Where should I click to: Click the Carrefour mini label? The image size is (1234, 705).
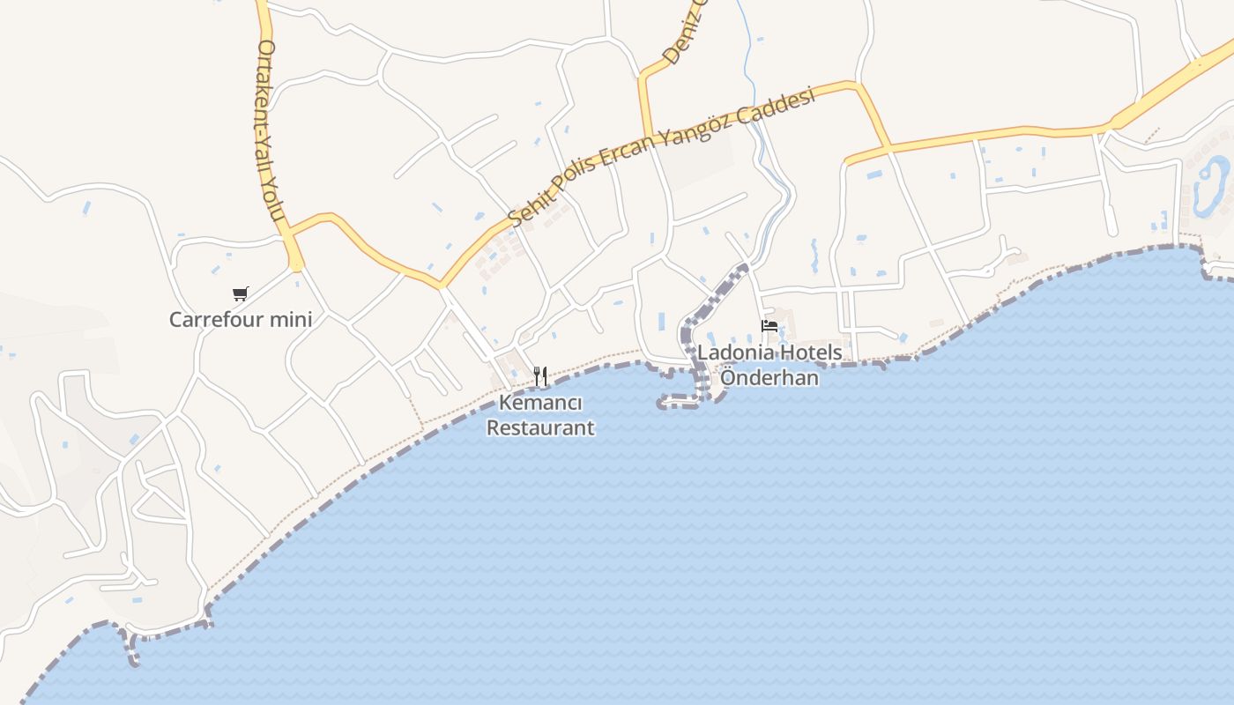tap(241, 319)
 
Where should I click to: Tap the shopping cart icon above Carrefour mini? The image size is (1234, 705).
tap(241, 293)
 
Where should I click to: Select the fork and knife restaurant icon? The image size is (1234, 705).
tap(540, 376)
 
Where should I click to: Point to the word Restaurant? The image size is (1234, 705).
tap(540, 428)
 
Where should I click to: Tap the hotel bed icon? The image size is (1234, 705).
tap(769, 326)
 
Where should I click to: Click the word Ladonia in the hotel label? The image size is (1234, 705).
tap(733, 352)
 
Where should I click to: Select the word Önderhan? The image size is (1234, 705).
tap(769, 378)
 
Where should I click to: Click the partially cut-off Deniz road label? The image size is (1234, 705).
tap(685, 35)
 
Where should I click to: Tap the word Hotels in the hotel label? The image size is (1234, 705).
tap(807, 352)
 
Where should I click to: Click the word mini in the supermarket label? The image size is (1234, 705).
tap(290, 319)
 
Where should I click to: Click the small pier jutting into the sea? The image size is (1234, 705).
tap(679, 404)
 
